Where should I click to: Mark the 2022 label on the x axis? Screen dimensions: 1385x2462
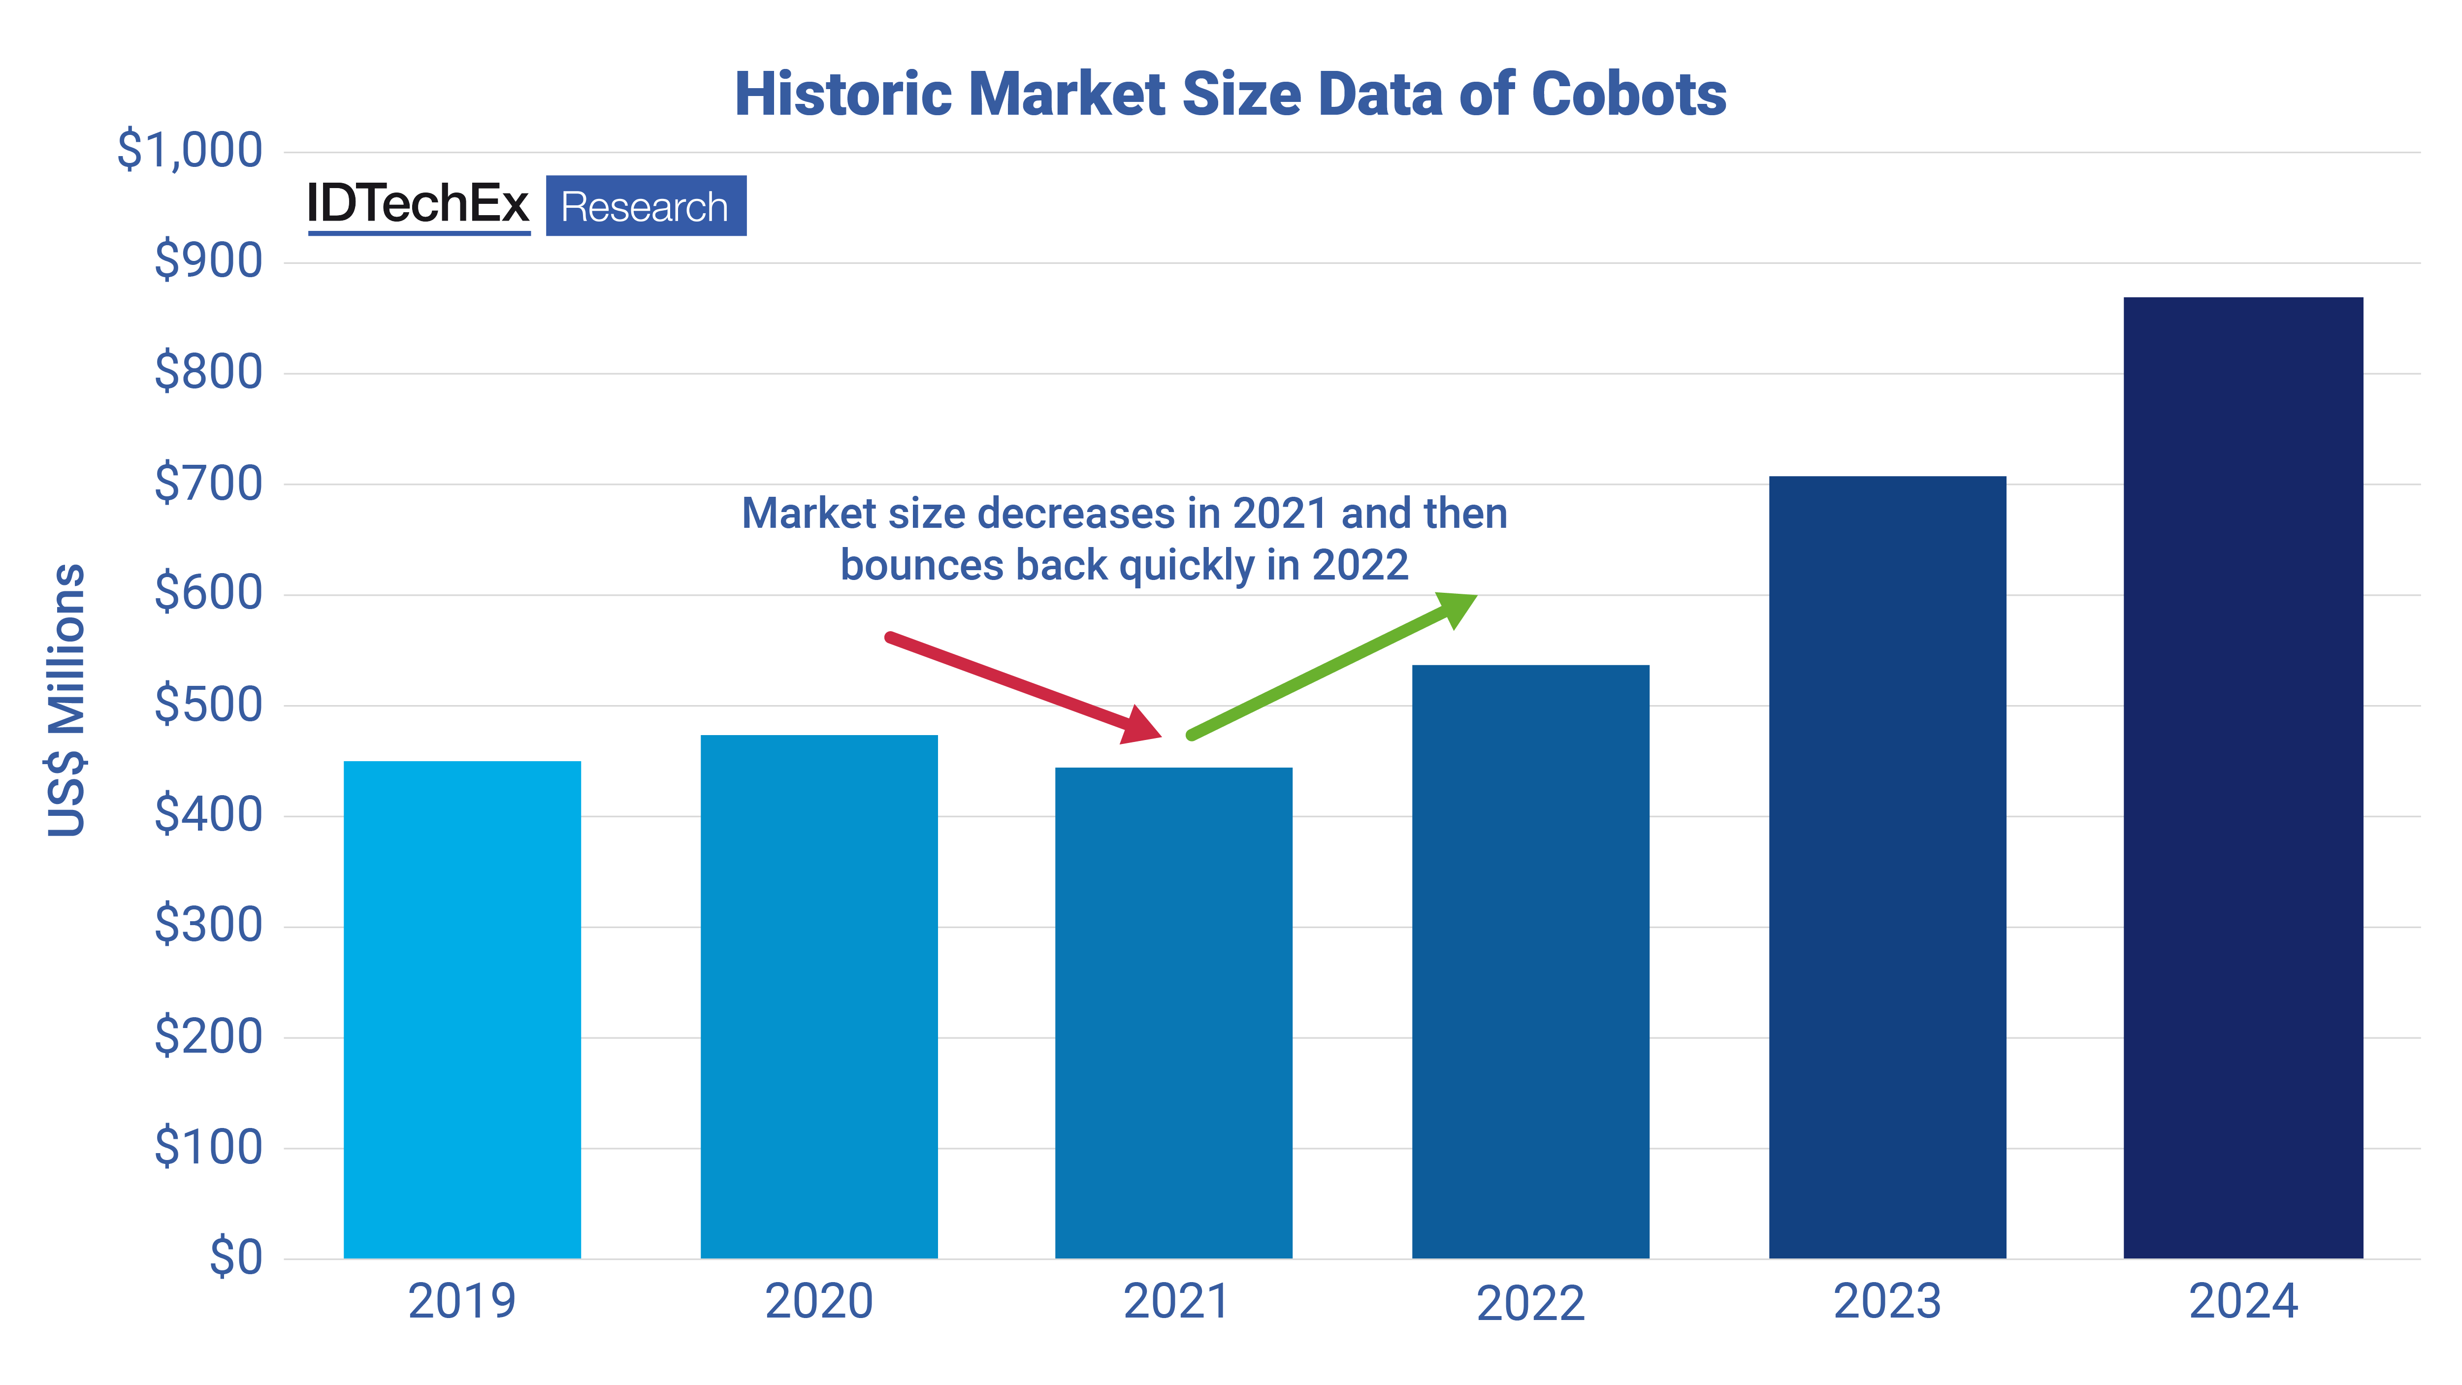pos(1530,1303)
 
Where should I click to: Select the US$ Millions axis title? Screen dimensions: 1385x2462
pos(67,700)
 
